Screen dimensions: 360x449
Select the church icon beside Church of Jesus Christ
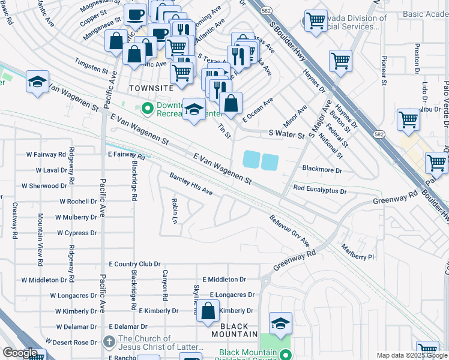[108, 342]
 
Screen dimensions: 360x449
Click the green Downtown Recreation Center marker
[146, 109]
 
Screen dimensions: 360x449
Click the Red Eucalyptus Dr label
[320, 190]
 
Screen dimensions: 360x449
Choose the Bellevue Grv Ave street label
[289, 231]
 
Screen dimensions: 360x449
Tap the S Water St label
[287, 134]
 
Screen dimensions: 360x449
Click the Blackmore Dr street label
[322, 170]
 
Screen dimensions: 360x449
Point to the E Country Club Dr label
[134, 264]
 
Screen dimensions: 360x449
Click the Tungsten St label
[90, 62]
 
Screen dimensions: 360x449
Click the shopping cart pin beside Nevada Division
[316, 20]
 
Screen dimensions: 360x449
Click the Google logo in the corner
[20, 352]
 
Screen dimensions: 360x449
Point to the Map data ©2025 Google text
[412, 355]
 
